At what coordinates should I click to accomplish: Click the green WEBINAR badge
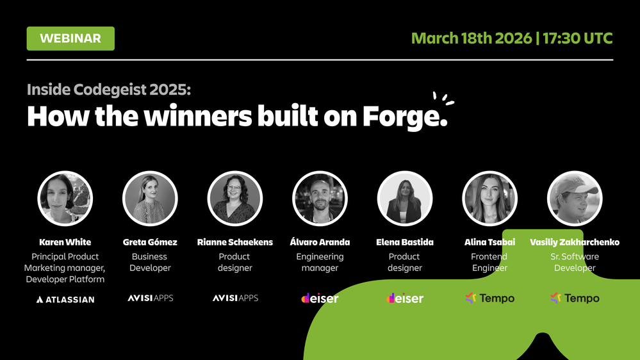[x=70, y=38]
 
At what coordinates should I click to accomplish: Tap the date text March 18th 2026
[x=471, y=38]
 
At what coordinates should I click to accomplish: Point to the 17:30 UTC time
[x=578, y=38]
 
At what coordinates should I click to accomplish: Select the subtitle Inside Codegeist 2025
[x=109, y=89]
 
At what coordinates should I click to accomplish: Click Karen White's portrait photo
[x=65, y=199]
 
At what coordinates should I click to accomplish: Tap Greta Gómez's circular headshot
[x=150, y=199]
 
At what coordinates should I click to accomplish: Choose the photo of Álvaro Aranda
[x=320, y=199]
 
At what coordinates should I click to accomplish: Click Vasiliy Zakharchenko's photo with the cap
[x=575, y=199]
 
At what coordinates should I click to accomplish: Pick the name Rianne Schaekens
[x=235, y=242]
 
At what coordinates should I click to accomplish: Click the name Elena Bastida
[x=405, y=242]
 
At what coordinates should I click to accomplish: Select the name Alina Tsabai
[x=489, y=242]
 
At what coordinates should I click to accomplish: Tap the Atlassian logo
[x=65, y=299]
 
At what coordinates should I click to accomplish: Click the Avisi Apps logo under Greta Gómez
[x=150, y=298]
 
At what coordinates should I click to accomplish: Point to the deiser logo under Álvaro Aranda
[x=320, y=298]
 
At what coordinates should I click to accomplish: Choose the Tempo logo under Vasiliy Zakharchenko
[x=575, y=298]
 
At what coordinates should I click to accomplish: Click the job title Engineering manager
[x=320, y=262]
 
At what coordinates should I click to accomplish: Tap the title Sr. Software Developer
[x=575, y=262]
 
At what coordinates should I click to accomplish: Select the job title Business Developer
[x=150, y=262]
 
